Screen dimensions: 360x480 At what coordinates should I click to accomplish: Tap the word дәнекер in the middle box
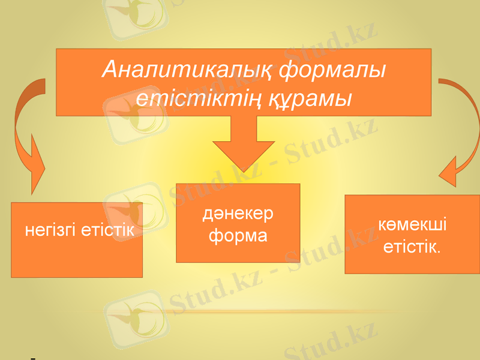pyautogui.click(x=238, y=214)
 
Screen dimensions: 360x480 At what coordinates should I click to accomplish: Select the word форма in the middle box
pyautogui.click(x=238, y=235)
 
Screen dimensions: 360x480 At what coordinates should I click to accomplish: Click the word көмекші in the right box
pyautogui.click(x=412, y=224)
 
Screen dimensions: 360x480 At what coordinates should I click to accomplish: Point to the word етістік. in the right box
pyautogui.click(x=412, y=245)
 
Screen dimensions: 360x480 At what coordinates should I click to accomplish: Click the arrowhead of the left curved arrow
pyautogui.click(x=35, y=174)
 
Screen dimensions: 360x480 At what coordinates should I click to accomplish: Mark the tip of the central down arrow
pyautogui.click(x=243, y=170)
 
